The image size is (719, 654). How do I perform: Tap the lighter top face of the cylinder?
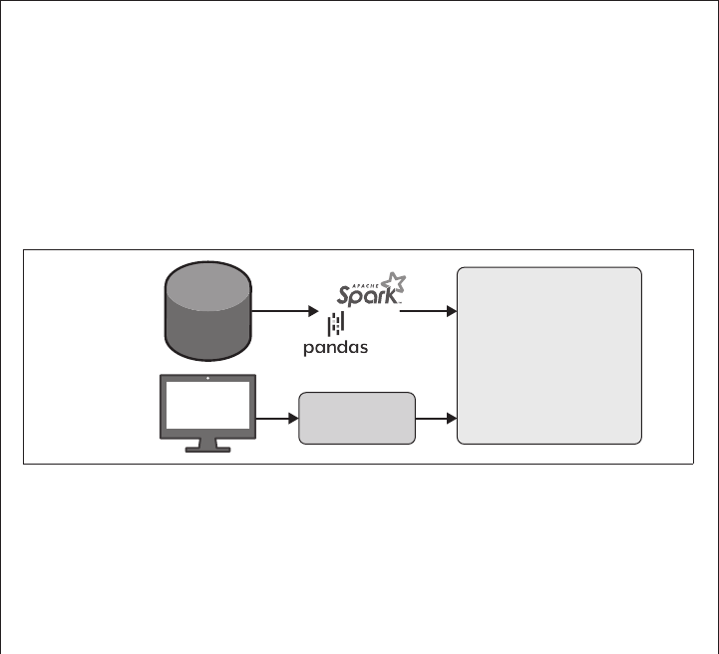click(207, 287)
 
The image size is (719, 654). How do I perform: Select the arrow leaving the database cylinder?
click(285, 311)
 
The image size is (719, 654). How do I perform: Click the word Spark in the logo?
click(367, 296)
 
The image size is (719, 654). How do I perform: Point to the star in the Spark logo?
click(394, 282)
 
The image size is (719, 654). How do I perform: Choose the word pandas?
click(336, 348)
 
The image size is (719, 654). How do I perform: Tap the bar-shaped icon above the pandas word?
click(336, 324)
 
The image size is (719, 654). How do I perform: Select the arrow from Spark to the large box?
click(428, 311)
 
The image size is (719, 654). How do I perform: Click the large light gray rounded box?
click(549, 356)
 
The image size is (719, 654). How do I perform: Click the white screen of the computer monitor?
click(207, 405)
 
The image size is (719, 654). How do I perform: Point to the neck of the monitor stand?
click(207, 444)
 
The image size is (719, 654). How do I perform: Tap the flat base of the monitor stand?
click(207, 450)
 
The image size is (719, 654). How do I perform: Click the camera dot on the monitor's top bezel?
click(207, 378)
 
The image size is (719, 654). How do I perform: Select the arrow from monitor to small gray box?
click(277, 419)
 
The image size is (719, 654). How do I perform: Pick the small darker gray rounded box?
click(357, 418)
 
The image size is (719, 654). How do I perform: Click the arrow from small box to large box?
click(436, 419)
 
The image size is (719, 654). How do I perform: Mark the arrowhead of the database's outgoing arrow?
click(314, 311)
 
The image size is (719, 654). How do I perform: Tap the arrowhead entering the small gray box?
click(294, 419)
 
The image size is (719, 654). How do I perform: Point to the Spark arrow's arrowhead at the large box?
click(452, 311)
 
